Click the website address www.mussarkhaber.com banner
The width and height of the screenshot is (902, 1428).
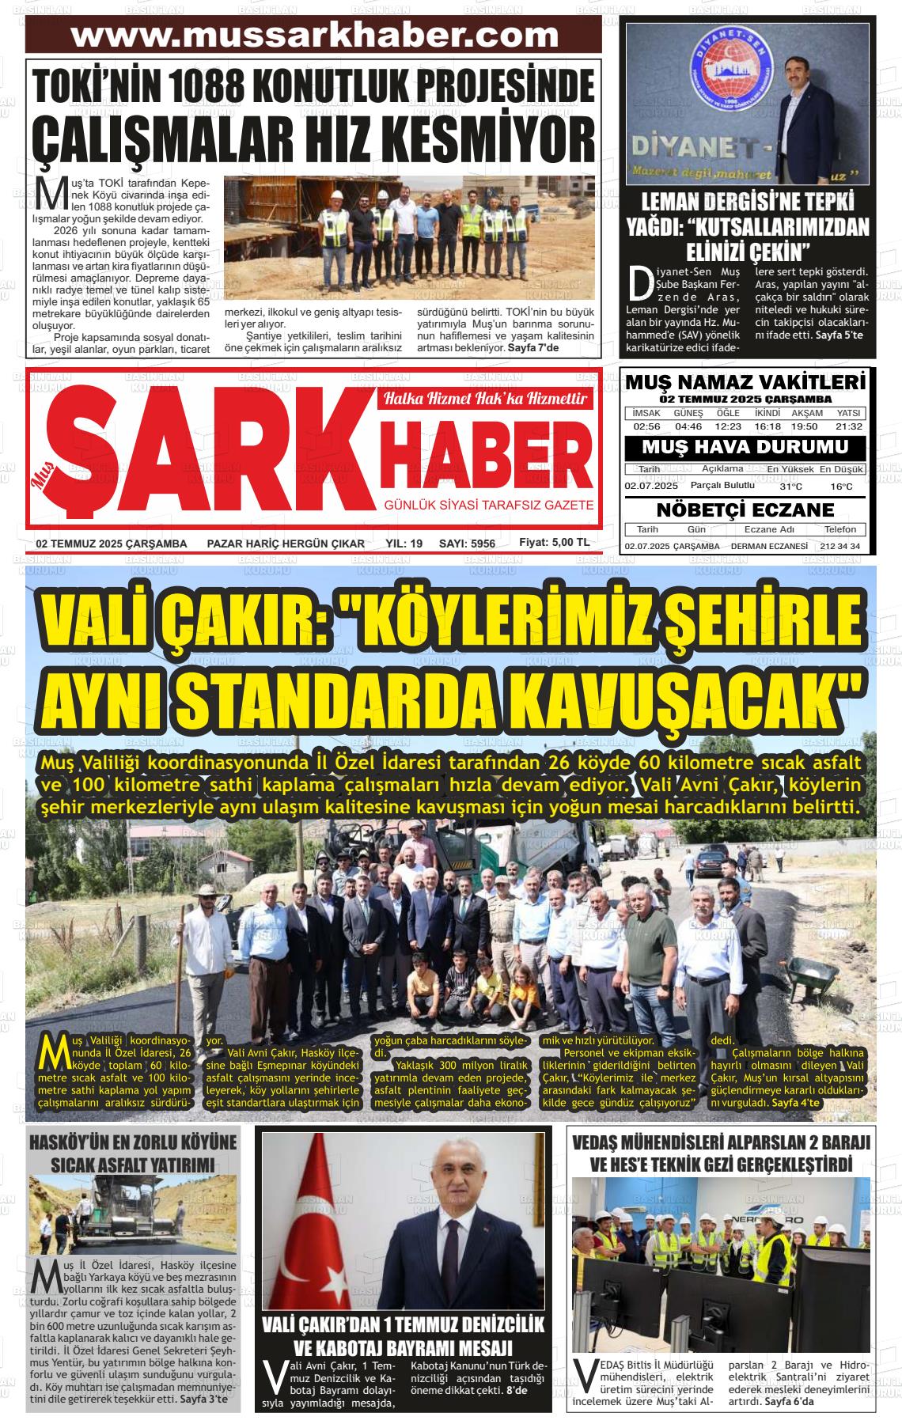(314, 36)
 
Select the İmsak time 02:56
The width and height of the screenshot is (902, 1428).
(646, 426)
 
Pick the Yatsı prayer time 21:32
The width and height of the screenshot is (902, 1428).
(848, 426)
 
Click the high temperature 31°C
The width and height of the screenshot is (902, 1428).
(790, 487)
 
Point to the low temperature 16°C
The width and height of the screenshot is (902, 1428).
(842, 487)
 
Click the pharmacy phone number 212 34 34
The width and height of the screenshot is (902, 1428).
(840, 547)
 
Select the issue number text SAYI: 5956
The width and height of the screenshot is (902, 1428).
(467, 544)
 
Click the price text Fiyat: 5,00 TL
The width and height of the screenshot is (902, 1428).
(554, 543)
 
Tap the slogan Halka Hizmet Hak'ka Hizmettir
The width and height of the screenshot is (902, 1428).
(485, 399)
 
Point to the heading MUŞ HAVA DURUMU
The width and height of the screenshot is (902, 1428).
(745, 447)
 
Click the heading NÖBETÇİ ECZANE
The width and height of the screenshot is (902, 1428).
(745, 509)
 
